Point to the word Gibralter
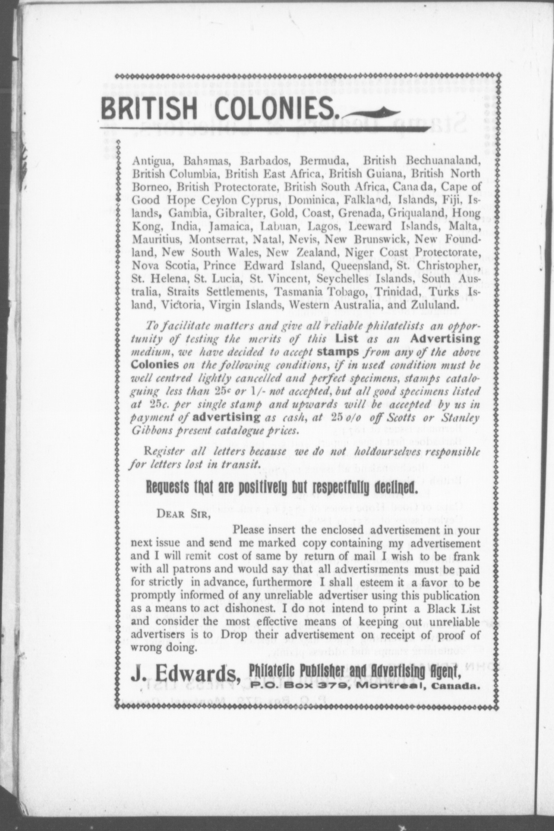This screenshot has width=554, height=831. click(x=229, y=213)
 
